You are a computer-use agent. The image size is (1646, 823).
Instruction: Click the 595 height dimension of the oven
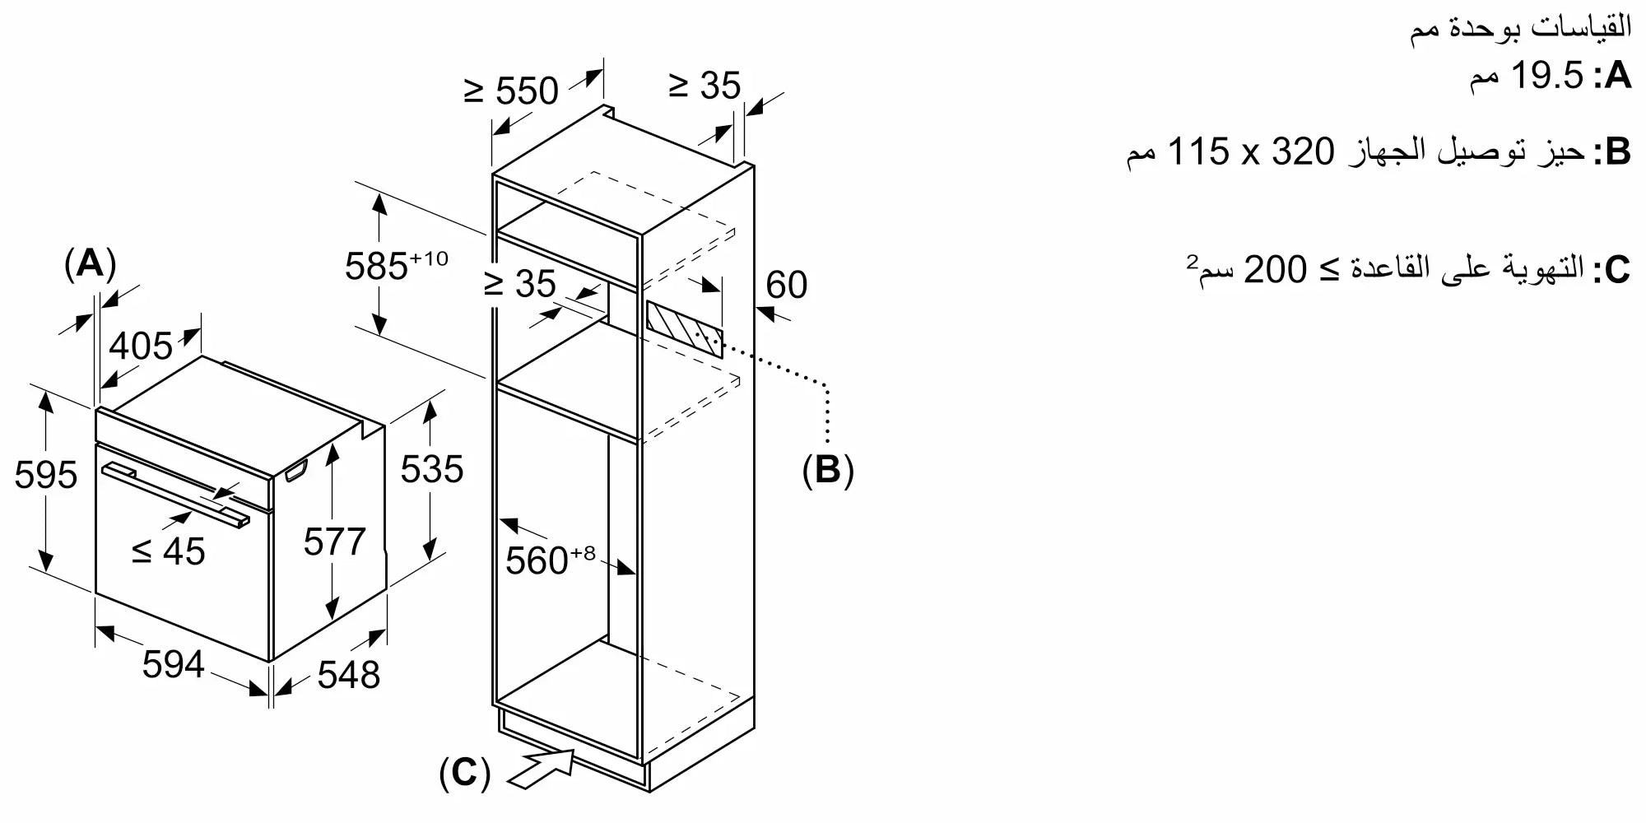(x=46, y=475)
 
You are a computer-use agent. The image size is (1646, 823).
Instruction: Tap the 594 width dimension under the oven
(x=173, y=664)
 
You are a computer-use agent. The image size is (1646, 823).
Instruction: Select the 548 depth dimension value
(x=349, y=675)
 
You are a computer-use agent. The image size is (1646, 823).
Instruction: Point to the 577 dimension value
(x=334, y=542)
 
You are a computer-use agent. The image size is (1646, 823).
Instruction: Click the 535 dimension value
(x=432, y=469)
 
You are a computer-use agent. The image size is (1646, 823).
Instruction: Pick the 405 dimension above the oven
(x=141, y=346)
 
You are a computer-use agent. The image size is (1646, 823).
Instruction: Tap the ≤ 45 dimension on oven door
(x=169, y=551)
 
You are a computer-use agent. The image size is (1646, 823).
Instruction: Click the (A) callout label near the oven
(x=90, y=263)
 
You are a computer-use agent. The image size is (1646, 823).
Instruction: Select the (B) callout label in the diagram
(x=828, y=469)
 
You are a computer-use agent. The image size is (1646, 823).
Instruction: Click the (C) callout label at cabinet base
(x=465, y=773)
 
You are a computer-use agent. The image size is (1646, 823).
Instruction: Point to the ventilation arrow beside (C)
(x=542, y=768)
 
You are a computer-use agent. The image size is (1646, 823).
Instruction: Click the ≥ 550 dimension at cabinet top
(x=511, y=91)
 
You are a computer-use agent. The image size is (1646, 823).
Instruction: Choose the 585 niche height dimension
(x=396, y=265)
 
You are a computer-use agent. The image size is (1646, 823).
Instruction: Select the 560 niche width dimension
(x=550, y=560)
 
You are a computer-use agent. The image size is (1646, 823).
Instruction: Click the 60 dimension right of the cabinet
(x=787, y=285)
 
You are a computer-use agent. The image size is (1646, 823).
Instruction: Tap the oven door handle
(x=176, y=495)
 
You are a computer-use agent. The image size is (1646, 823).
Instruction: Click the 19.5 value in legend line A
(x=1548, y=76)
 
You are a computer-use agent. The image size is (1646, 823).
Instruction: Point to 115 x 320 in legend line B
(x=1250, y=151)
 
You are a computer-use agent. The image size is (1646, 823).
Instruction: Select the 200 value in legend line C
(x=1274, y=269)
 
